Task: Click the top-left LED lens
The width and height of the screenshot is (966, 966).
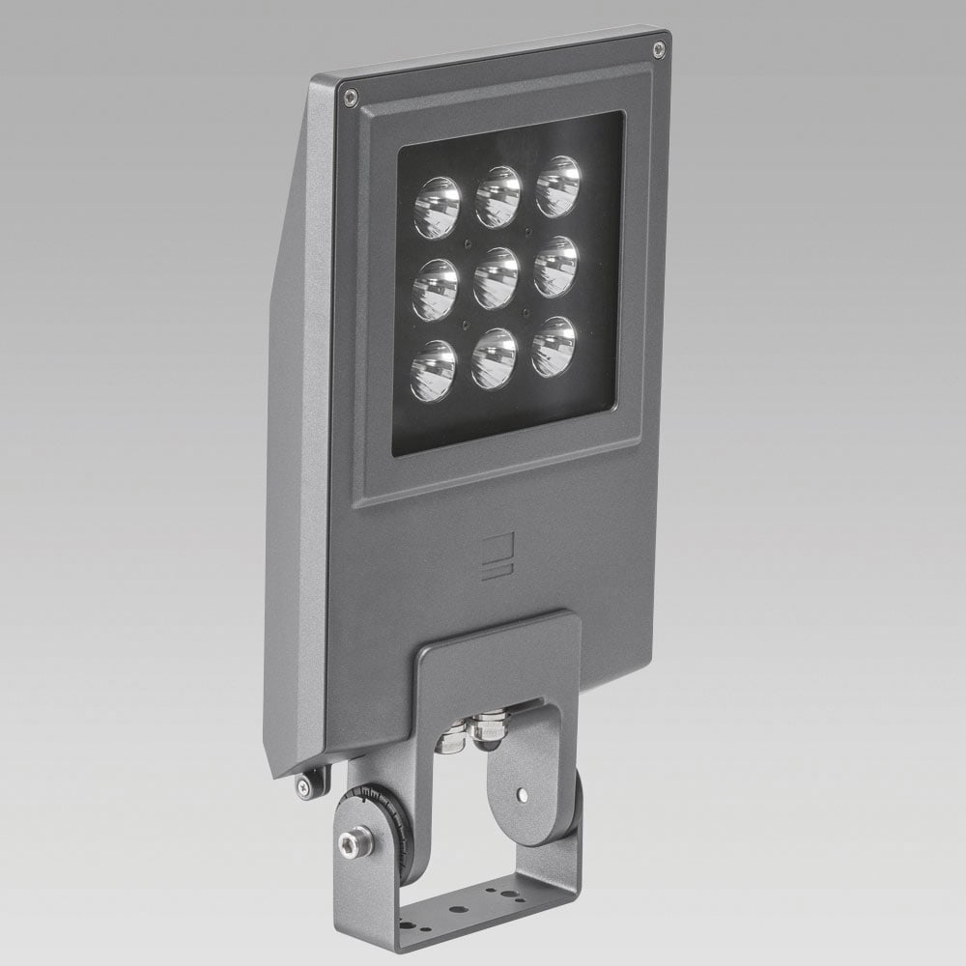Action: [437, 207]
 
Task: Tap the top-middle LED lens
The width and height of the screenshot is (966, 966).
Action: [497, 196]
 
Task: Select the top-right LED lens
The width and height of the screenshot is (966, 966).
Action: [558, 185]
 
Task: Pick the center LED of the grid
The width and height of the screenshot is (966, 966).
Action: [496, 278]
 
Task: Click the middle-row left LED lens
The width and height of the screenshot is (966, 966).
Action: [435, 290]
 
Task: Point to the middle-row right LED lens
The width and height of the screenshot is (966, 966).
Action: [555, 266]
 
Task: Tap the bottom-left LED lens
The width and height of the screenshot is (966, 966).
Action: [432, 371]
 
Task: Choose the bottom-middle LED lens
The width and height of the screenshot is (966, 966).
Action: [494, 358]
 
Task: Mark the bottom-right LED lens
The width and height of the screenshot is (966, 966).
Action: [554, 346]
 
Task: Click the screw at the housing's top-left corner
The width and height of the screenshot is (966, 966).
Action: [351, 97]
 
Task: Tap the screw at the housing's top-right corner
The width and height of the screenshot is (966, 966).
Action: [659, 48]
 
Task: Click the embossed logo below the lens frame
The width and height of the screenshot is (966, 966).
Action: [497, 557]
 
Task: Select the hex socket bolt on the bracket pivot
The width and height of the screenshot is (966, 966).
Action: [356, 842]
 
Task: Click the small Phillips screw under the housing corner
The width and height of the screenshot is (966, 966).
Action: [304, 787]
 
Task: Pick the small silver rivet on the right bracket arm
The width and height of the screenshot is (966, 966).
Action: [523, 794]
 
